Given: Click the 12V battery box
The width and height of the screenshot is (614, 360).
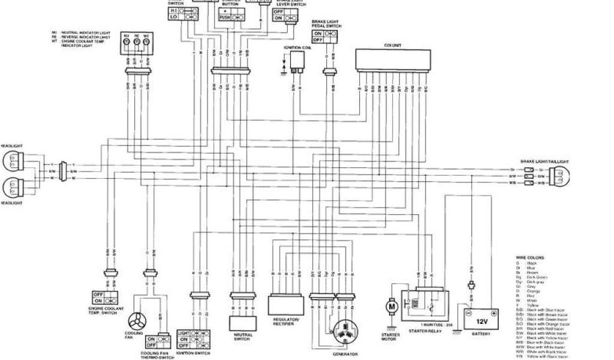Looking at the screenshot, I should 479,314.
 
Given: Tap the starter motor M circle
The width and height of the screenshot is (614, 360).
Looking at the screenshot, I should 392,307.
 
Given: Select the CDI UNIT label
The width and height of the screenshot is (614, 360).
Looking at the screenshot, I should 393,45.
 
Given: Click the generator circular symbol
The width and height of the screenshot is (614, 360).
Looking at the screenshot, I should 345,331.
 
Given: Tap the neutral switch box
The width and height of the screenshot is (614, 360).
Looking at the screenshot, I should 243,323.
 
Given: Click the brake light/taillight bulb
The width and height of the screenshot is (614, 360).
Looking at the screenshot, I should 559,176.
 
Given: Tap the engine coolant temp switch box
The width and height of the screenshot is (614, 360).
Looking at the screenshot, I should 105,298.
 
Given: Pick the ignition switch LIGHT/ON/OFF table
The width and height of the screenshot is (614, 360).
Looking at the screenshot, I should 192,340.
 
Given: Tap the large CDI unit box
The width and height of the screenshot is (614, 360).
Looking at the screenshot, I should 393,61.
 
